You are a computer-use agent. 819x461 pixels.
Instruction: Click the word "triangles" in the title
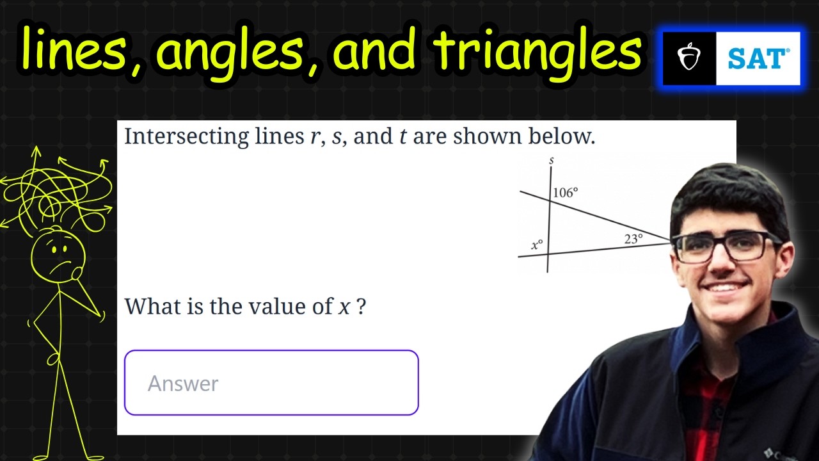coord(537,50)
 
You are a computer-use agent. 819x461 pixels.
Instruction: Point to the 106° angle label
coord(566,192)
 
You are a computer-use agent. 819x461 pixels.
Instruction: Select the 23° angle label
coord(633,239)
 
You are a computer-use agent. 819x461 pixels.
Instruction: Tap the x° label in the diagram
coord(537,245)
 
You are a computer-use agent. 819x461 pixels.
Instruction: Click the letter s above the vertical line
coord(551,160)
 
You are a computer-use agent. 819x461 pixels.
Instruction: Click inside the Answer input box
coord(271,383)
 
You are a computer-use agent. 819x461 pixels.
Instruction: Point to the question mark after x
coord(362,307)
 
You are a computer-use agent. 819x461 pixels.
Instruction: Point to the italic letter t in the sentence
coord(403,137)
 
